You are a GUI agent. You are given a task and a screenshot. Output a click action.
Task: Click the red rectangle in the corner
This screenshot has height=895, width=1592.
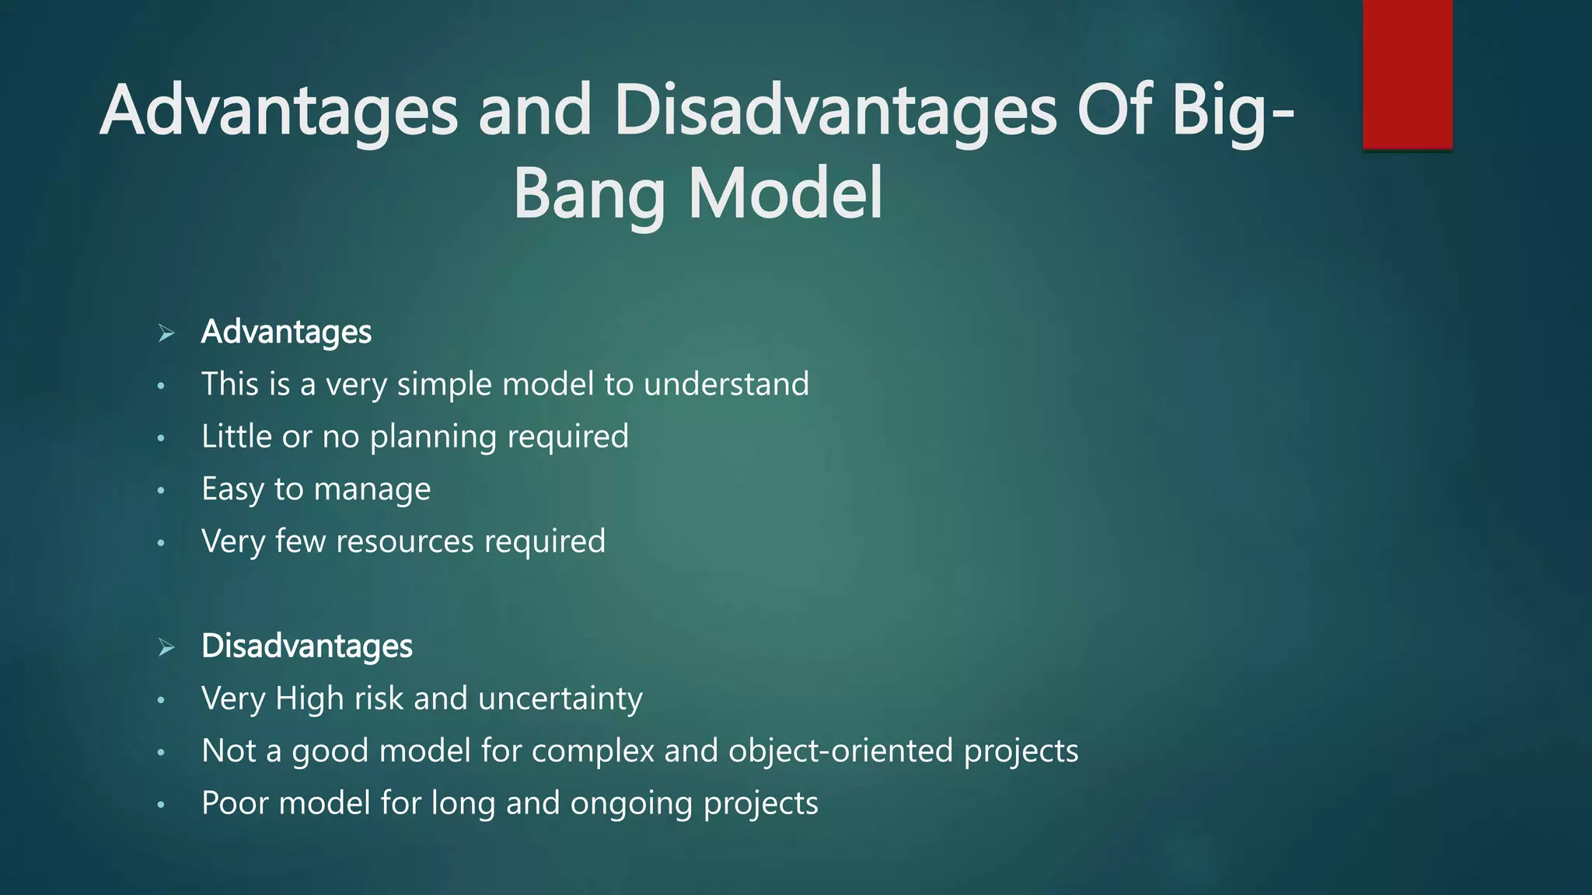click(1407, 74)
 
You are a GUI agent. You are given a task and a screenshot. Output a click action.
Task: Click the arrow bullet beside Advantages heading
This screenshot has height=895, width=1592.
click(166, 333)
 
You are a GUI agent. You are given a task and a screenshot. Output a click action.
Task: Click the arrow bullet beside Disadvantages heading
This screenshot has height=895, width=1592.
click(166, 647)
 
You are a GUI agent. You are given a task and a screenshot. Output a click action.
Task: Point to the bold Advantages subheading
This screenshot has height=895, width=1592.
click(286, 333)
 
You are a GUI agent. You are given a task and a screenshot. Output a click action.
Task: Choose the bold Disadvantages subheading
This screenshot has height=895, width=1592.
click(306, 646)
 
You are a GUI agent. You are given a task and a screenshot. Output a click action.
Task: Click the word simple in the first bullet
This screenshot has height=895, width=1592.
click(444, 385)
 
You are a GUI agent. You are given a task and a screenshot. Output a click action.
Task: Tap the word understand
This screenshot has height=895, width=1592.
click(726, 385)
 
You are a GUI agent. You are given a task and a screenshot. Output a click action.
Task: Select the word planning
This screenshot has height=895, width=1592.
click(433, 437)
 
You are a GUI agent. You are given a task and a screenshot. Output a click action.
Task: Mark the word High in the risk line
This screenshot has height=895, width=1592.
click(309, 698)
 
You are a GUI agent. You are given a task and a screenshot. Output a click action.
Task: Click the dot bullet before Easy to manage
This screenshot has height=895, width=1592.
click(161, 491)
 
